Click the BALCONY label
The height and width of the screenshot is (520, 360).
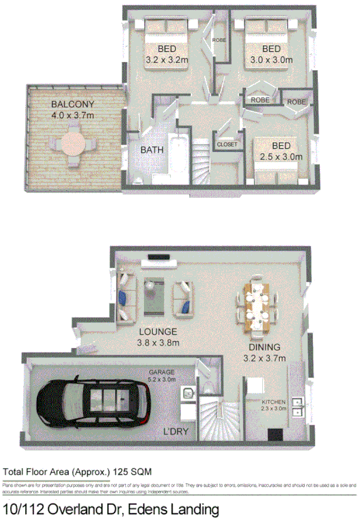click(x=73, y=104)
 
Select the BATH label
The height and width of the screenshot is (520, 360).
click(x=152, y=150)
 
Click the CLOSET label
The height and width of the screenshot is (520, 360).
click(x=227, y=145)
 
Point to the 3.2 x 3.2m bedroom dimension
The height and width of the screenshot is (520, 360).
click(x=167, y=60)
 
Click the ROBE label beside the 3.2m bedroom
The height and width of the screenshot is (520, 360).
click(x=219, y=40)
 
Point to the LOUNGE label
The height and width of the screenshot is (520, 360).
click(x=157, y=332)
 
